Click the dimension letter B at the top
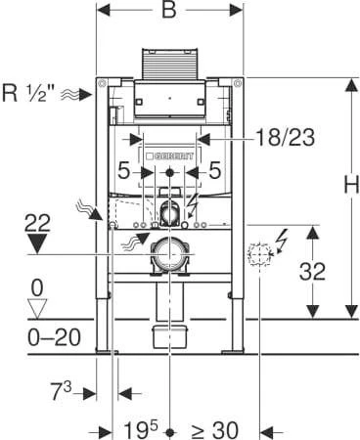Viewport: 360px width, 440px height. [x=169, y=10]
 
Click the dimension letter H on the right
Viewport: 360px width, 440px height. [x=352, y=184]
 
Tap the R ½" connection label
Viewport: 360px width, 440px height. [x=24, y=93]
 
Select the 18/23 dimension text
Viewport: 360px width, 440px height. [x=285, y=137]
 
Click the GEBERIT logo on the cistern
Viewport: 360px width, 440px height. [x=170, y=156]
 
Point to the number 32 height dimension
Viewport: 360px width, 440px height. [x=312, y=271]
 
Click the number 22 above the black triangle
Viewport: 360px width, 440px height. [x=37, y=223]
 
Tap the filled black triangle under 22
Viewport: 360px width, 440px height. [x=37, y=243]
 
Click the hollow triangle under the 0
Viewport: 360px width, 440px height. [x=37, y=309]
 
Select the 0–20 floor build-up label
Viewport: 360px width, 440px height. [x=54, y=337]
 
